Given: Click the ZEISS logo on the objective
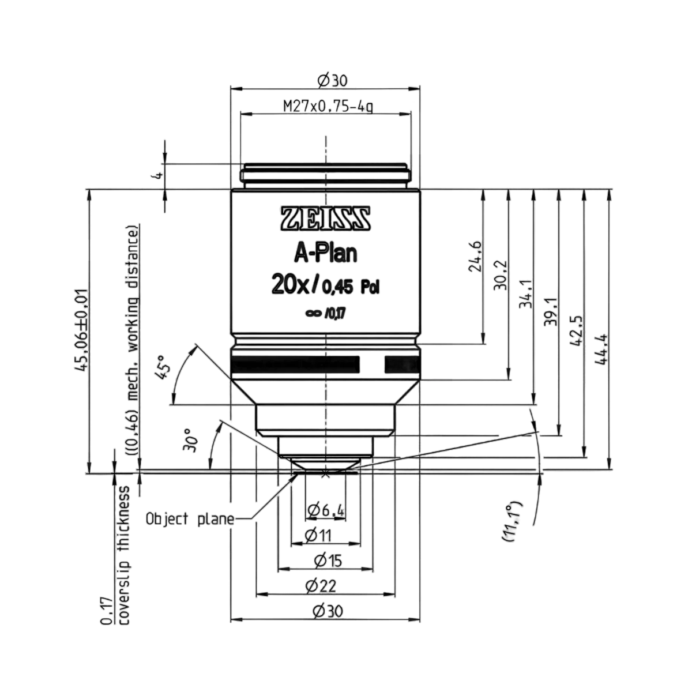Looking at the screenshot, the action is tap(325, 219).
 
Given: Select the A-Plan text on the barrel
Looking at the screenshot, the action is tap(326, 254).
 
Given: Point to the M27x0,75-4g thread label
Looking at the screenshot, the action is tap(328, 107).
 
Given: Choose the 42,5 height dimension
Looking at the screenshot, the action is tap(576, 331).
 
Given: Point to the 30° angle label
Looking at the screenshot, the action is tap(190, 439).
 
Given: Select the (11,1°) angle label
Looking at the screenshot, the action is tap(512, 522).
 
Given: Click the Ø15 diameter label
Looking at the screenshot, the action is tap(328, 561).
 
